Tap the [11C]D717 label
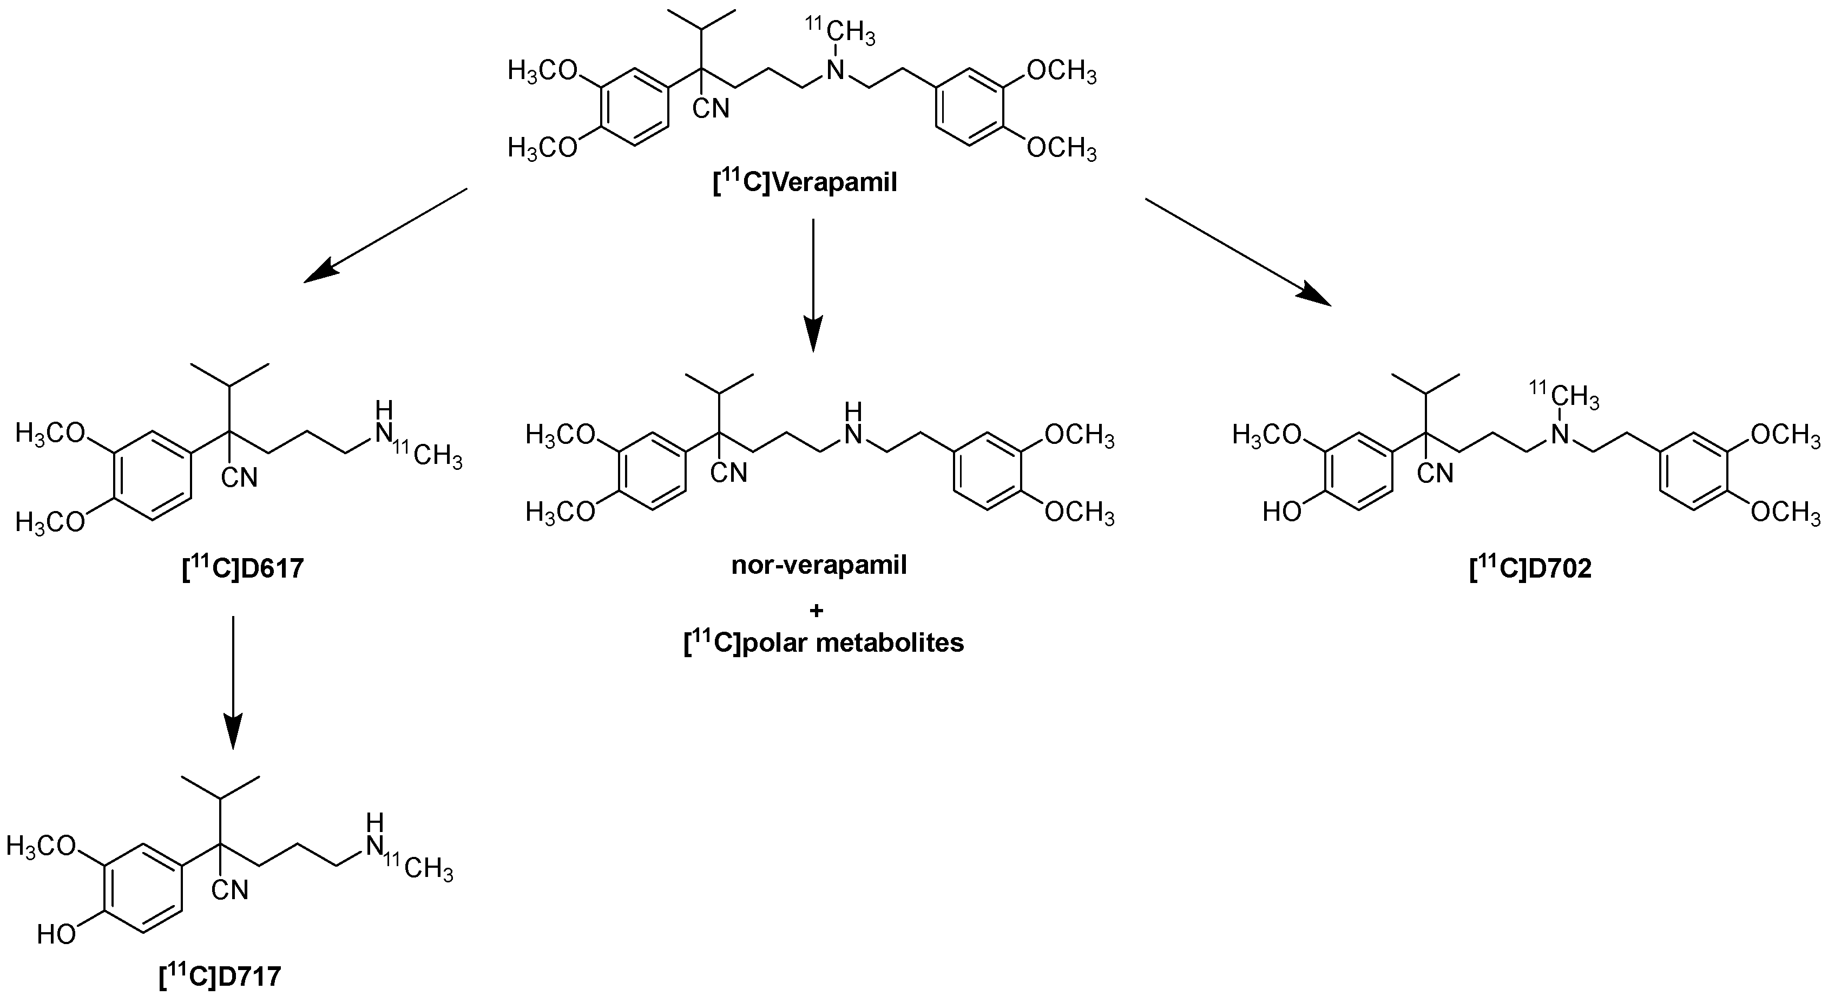tap(221, 977)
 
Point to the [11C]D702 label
tap(1531, 568)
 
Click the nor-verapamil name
tap(819, 566)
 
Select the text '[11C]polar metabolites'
tap(823, 642)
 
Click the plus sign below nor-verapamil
tap(816, 610)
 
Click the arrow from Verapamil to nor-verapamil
tap(812, 284)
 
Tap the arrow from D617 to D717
tap(233, 681)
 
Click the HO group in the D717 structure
tap(56, 934)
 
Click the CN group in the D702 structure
tap(1436, 473)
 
